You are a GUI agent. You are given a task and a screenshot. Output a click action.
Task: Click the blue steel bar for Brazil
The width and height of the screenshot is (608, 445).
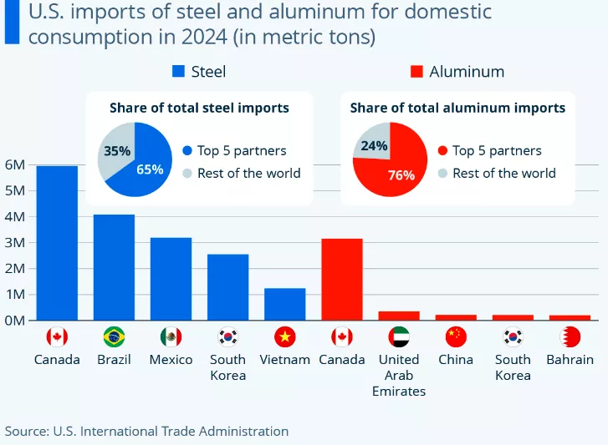point(114,267)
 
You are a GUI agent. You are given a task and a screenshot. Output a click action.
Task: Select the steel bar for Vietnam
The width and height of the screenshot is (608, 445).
point(285,304)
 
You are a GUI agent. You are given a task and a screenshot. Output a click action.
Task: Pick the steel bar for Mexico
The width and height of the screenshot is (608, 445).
point(171,279)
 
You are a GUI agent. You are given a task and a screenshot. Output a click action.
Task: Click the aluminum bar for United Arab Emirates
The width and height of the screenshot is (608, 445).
point(399,316)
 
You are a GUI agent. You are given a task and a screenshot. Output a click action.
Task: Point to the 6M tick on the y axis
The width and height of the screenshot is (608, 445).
point(16,164)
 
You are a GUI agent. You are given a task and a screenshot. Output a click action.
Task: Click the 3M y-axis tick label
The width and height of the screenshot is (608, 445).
point(16,242)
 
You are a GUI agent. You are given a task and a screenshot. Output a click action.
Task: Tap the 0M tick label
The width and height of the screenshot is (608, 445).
point(16,320)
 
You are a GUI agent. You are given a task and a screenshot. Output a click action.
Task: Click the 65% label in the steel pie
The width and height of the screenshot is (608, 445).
point(149,169)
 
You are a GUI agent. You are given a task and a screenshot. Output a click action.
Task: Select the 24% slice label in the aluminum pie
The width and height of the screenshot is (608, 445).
point(374,146)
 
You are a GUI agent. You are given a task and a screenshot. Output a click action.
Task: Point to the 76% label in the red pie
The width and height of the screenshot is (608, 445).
point(401,175)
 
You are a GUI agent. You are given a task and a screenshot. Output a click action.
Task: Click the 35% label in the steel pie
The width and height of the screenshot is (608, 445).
point(116,151)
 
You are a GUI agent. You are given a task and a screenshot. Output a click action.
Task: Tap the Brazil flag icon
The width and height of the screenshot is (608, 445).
point(114,337)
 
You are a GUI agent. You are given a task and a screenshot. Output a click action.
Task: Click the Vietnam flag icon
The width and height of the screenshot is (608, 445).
point(285,337)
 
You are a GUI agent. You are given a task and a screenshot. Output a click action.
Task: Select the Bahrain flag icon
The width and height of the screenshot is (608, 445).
point(570,337)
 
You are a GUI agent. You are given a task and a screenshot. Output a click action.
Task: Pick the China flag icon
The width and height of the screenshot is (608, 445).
point(456,337)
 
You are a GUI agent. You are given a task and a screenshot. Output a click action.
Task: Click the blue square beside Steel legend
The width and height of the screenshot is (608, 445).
point(178,72)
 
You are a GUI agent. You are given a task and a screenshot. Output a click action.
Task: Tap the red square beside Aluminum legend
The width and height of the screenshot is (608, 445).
point(416,72)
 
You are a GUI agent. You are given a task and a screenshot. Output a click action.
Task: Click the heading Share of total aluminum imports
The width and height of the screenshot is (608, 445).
point(457,108)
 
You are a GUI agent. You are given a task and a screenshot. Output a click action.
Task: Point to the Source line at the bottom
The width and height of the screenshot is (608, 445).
point(147,431)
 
